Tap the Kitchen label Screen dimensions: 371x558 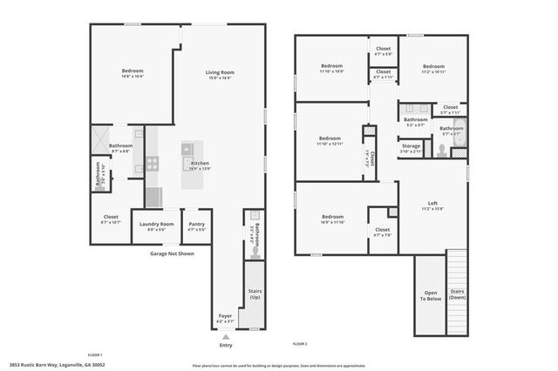click(x=200, y=164)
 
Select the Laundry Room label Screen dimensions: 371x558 click(x=156, y=225)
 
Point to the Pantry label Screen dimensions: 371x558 click(x=197, y=225)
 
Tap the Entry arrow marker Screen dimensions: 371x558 click(x=226, y=335)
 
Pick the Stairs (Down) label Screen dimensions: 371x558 click(x=456, y=294)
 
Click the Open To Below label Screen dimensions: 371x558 click(x=431, y=296)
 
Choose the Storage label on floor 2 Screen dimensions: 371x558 click(x=412, y=146)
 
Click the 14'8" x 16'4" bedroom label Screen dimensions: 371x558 click(x=133, y=73)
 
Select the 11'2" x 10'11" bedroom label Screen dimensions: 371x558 click(x=433, y=69)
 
